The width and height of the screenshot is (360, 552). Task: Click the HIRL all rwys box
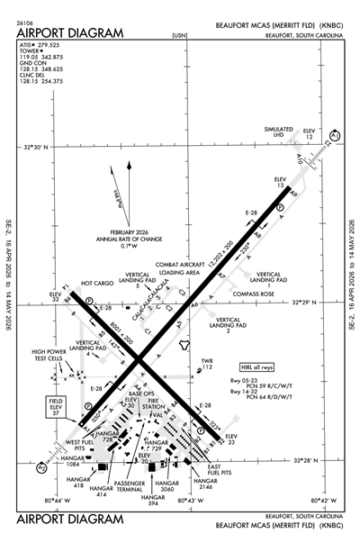(257, 368)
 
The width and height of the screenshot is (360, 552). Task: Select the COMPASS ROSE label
(254, 293)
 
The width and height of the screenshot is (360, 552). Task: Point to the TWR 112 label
(206, 364)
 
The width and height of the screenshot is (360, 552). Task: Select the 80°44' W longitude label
(57, 498)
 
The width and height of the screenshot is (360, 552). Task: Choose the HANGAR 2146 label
(206, 485)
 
